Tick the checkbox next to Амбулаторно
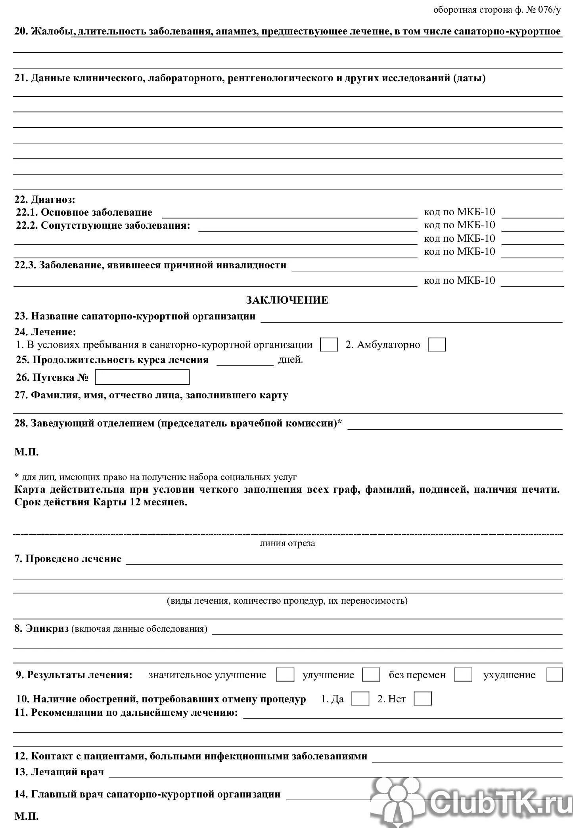click(x=436, y=344)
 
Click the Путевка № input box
click(x=142, y=377)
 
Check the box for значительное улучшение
click(x=285, y=674)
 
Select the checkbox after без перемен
click(x=463, y=674)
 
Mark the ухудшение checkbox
click(x=554, y=674)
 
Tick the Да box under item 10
click(x=360, y=698)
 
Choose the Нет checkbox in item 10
click(x=422, y=698)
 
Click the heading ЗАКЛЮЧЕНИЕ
click(x=287, y=300)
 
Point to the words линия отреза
click(x=287, y=543)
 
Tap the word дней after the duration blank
click(x=290, y=360)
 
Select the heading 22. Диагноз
click(x=45, y=199)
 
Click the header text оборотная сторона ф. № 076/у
click(x=497, y=10)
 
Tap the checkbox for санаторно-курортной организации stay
click(x=329, y=344)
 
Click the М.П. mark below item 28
click(x=27, y=452)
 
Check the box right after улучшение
click(x=372, y=674)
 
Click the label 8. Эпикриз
click(x=42, y=628)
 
